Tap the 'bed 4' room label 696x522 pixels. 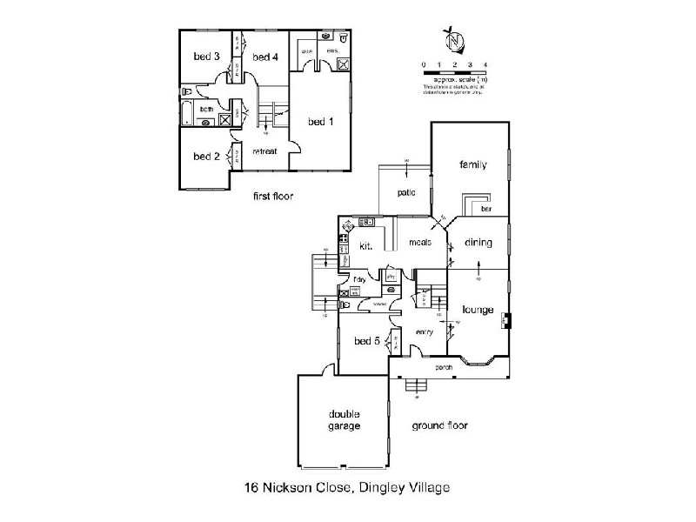pos(264,57)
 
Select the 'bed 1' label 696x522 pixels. pos(320,122)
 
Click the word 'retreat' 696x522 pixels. pos(264,151)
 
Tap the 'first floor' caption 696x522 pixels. pos(272,197)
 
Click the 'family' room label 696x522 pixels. pos(472,165)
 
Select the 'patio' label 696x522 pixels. pos(406,192)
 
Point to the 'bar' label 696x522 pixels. pos(485,210)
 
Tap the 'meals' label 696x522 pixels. pos(420,243)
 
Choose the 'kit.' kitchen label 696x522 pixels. pos(366,247)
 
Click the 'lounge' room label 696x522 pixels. pos(478,310)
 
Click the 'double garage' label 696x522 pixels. pos(345,420)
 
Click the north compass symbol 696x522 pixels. pos(452,39)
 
